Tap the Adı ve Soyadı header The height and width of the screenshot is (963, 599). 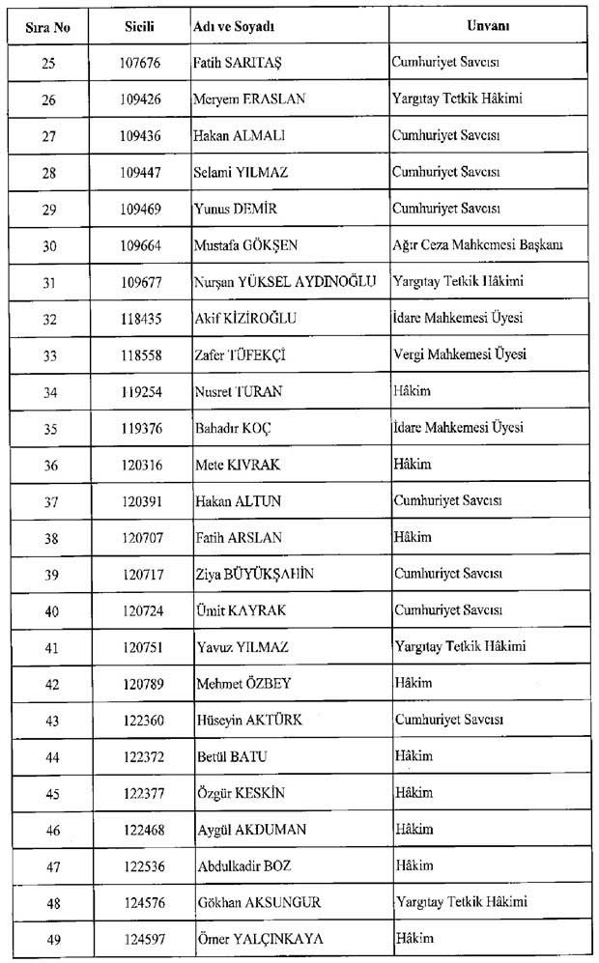point(233,26)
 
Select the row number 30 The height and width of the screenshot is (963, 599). point(50,246)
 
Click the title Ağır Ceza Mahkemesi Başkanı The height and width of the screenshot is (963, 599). point(478,245)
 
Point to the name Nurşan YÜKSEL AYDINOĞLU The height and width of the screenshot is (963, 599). point(284,281)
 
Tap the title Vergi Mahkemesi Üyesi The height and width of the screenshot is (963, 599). point(459,354)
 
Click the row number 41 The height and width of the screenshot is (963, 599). point(50,647)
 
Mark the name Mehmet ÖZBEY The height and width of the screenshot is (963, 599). point(242,684)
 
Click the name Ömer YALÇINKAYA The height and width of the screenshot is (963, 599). point(258,939)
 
